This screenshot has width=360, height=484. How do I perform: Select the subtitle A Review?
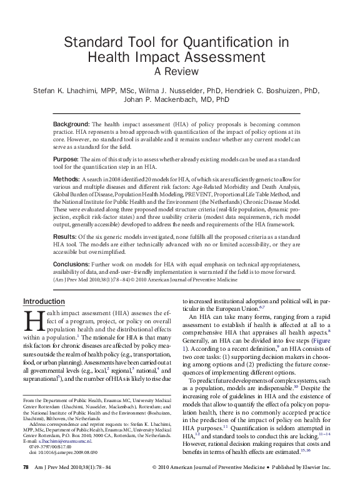(180, 72)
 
